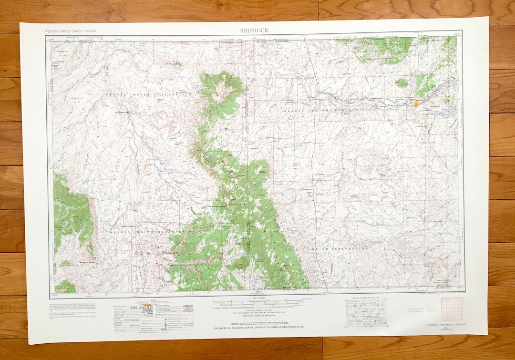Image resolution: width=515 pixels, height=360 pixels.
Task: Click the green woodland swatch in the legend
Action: tap(164, 329)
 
